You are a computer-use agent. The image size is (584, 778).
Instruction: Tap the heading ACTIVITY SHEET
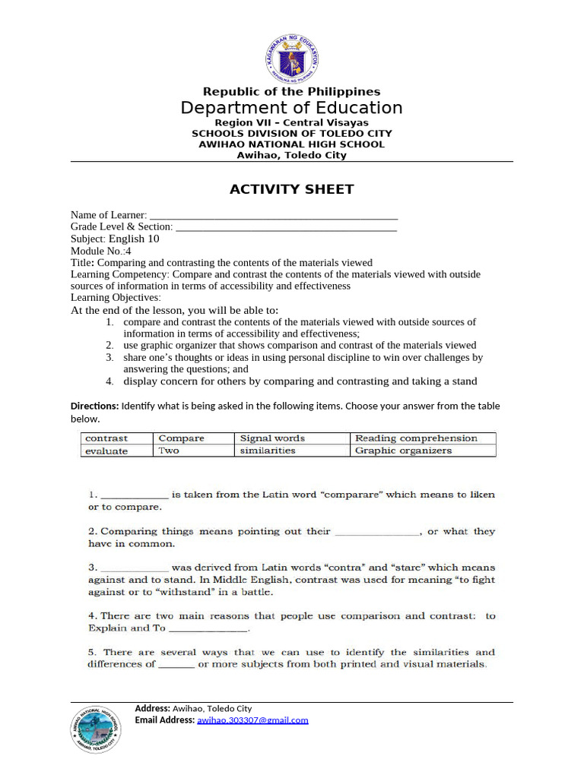292,189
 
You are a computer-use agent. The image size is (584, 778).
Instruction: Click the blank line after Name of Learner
274,216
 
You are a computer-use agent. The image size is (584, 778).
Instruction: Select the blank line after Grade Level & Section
286,227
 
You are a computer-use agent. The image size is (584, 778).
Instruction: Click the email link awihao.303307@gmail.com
252,720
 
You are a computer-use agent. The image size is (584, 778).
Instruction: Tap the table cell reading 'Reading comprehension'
423,438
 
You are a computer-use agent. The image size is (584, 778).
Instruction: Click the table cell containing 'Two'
194,451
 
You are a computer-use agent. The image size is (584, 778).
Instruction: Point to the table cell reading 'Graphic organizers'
423,451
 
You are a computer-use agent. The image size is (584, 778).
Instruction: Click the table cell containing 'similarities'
292,451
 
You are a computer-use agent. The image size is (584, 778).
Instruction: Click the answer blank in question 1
134,495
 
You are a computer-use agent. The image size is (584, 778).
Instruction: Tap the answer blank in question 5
176,665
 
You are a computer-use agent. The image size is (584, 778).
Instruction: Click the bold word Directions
95,406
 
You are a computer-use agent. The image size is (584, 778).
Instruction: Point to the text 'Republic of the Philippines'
292,92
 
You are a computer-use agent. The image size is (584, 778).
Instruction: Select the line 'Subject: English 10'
115,239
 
